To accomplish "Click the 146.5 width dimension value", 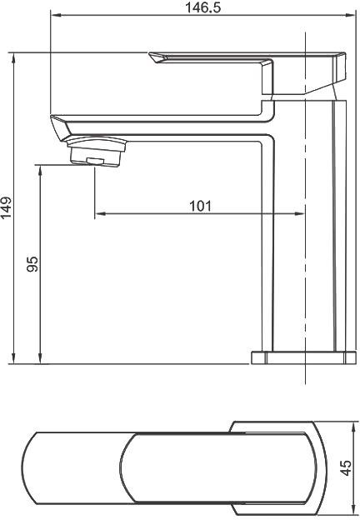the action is tap(202, 7).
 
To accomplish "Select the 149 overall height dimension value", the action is tap(6, 208).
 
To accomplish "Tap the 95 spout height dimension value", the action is tap(32, 264).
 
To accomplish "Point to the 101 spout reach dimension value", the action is tap(200, 206).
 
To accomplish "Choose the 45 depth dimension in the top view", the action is tap(346, 467).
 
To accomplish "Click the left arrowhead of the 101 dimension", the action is tap(100, 214).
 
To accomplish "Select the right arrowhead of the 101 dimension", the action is tap(298, 214).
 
